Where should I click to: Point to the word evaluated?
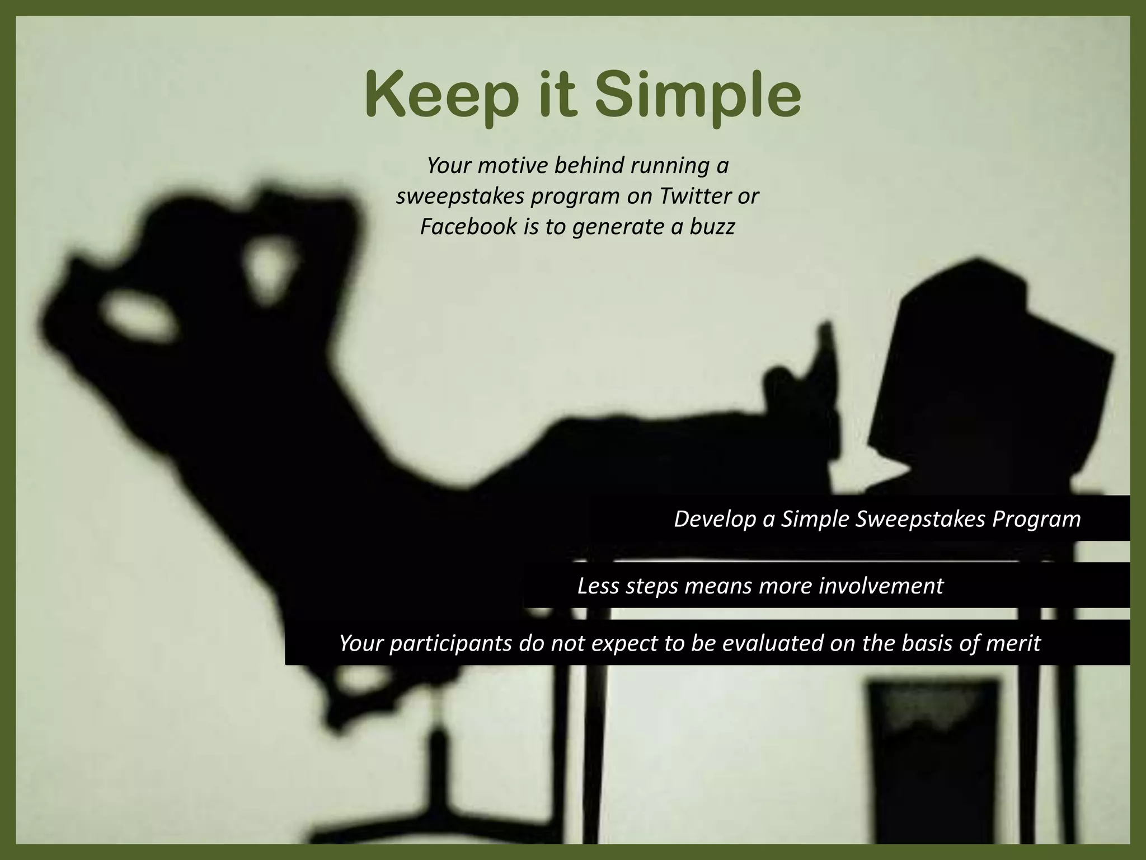pyautogui.click(x=773, y=643)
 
